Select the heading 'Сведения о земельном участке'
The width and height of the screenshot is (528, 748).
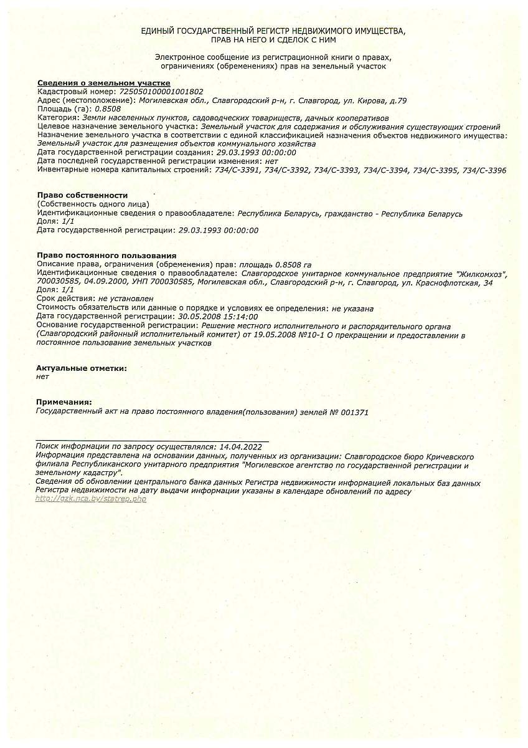(x=103, y=83)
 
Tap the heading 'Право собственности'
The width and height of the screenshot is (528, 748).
(x=82, y=195)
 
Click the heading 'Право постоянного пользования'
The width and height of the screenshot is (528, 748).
(x=106, y=256)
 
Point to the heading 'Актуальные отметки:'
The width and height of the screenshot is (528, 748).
(x=82, y=368)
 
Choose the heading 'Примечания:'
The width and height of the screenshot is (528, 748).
(x=64, y=402)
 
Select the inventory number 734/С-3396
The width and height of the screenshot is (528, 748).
(x=484, y=170)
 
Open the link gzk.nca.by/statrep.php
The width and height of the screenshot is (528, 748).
(x=91, y=499)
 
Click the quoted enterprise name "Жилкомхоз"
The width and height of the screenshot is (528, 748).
(x=481, y=273)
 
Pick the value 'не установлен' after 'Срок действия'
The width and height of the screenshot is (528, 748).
(x=126, y=299)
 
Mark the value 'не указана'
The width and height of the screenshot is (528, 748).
(x=352, y=308)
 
